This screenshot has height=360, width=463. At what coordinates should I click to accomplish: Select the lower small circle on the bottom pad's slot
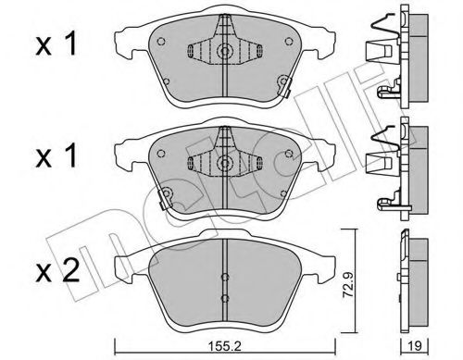coord(225,298)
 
